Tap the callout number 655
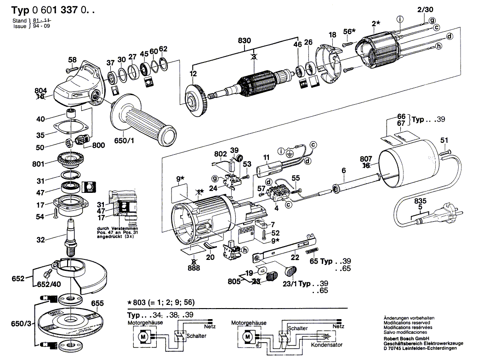pyautogui.click(x=97, y=304)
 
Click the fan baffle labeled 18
pyautogui.click(x=329, y=62)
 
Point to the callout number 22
pyautogui.click(x=295, y=258)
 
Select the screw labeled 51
pyautogui.click(x=446, y=150)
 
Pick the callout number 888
pyautogui.click(x=194, y=269)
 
